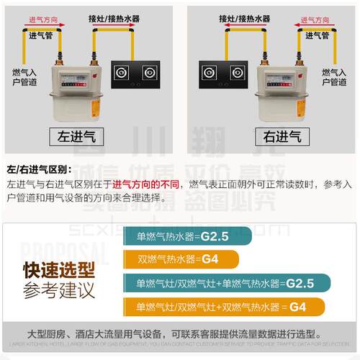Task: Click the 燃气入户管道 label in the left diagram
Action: pyautogui.click(x=24, y=77)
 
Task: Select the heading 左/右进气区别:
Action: pyautogui.click(x=39, y=170)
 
